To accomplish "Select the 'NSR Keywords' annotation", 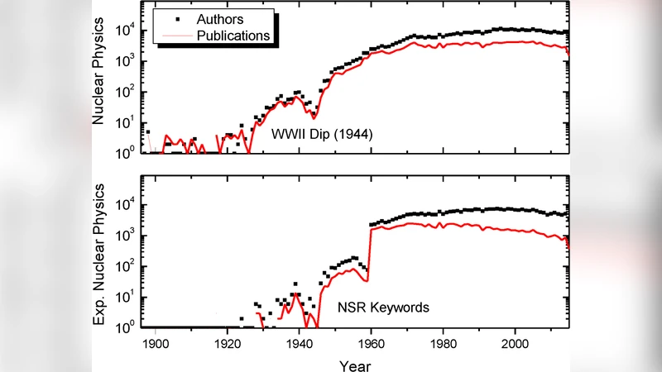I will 382,308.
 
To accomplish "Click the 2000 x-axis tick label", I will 516,342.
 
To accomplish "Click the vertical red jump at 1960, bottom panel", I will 369,256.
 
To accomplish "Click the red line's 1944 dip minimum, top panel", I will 314,117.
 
